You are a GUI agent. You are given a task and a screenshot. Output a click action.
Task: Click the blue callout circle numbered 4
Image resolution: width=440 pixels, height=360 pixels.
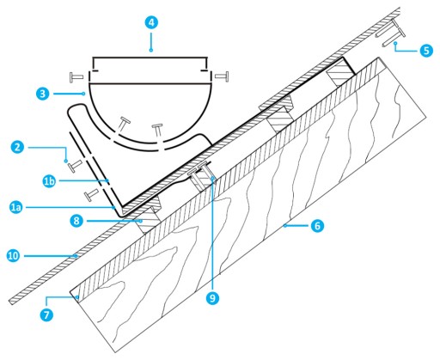point(151,22)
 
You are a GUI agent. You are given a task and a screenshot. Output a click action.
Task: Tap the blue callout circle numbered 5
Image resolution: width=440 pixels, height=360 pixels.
point(426,51)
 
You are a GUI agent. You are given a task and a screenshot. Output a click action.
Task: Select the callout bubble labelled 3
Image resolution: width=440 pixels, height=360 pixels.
point(43,94)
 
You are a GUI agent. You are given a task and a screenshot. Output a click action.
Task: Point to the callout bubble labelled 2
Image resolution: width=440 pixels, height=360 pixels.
point(18,147)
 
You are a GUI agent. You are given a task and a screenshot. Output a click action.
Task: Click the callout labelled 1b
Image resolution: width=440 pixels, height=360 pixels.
point(49,181)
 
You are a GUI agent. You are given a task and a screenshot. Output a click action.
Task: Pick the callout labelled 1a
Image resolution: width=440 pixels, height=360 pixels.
point(16,207)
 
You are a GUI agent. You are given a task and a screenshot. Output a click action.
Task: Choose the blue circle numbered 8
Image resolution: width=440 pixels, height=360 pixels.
point(76,221)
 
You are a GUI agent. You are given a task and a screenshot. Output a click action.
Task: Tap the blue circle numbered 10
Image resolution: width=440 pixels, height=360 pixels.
point(13,256)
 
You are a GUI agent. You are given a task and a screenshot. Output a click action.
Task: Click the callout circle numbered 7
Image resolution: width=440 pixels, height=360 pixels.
point(46,314)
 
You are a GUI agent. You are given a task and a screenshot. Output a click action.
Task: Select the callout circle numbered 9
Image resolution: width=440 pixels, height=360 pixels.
point(212,298)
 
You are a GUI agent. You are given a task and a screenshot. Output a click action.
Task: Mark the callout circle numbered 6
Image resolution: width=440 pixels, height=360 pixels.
point(317,226)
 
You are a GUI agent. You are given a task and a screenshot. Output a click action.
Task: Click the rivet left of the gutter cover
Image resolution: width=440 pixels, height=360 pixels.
point(76,76)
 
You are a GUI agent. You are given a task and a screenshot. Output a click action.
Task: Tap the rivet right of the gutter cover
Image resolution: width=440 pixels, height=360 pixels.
point(222,76)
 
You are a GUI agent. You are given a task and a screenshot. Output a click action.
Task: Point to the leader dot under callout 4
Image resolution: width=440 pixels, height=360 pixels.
point(151,50)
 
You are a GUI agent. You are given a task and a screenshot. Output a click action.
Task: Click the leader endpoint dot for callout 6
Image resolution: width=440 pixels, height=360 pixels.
point(285,226)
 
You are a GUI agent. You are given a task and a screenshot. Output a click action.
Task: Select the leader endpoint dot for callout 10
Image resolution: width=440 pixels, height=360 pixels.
point(76,255)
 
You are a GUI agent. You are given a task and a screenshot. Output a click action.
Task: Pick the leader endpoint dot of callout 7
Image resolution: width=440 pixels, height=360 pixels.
point(77,298)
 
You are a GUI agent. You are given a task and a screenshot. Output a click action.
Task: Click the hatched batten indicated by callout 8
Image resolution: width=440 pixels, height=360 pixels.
point(148,219)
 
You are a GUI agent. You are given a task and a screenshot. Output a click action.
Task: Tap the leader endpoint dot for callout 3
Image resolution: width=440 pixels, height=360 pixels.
point(83,94)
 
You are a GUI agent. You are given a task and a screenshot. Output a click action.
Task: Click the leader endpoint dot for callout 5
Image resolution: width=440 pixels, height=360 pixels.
point(395,43)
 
